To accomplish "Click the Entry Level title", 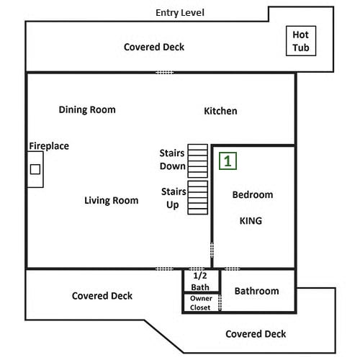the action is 180,13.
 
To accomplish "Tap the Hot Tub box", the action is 301,41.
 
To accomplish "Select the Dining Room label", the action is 87,110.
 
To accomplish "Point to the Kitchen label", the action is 220,111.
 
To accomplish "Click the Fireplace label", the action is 49,146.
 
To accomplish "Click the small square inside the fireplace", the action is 35,169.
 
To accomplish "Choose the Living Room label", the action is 112,201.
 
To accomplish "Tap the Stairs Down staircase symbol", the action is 197,161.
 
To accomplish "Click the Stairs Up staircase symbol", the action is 197,197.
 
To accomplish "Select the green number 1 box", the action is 228,161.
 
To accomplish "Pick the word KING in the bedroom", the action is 251,221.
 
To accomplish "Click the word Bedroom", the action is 253,194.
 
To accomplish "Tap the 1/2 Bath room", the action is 201,281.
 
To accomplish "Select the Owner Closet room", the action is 201,303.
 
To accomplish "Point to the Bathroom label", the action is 257,291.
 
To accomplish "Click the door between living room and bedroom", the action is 212,251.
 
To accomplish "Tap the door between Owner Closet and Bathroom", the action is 220,303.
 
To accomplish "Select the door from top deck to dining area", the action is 165,73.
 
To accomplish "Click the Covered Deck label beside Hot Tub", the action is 154,47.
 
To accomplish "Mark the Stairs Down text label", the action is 173,160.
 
